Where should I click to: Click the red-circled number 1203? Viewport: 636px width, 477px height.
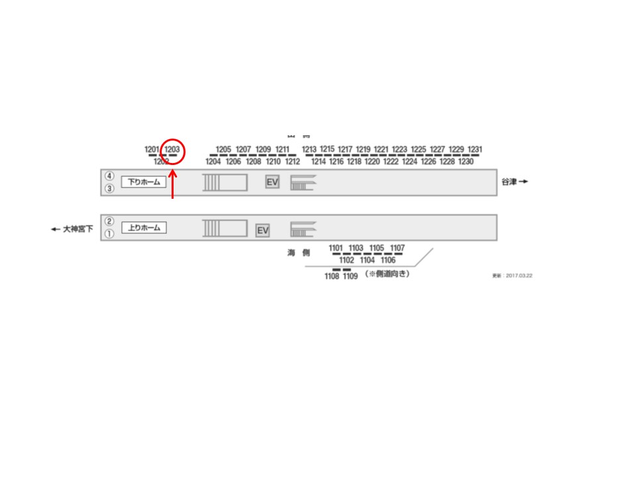point(172,150)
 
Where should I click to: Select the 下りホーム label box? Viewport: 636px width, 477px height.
point(143,182)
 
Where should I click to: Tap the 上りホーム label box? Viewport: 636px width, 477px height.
point(143,228)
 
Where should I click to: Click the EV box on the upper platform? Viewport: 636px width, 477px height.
point(272,182)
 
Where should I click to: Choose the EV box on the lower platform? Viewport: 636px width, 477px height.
point(262,231)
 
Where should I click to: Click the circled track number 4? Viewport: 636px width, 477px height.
point(109,177)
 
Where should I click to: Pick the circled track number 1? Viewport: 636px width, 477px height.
point(109,233)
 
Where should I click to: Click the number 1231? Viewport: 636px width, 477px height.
point(475,150)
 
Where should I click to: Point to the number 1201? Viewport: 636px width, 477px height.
point(152,150)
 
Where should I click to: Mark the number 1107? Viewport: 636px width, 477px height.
point(397,248)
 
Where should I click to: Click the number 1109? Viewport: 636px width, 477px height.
point(350,276)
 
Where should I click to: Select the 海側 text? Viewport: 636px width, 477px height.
point(298,253)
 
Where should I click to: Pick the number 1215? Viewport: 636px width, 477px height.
point(327,149)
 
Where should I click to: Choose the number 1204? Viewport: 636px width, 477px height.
point(213,162)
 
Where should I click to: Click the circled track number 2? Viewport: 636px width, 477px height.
point(109,222)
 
